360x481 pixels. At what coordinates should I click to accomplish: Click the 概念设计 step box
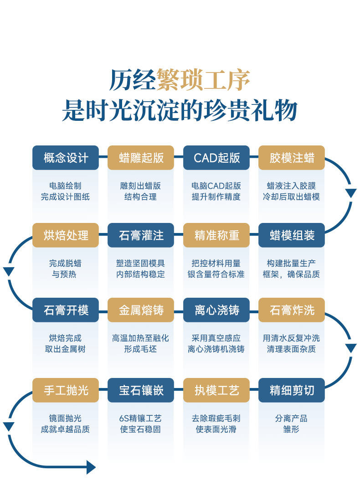point(66,158)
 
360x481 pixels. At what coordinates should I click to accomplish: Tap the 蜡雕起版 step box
point(141,158)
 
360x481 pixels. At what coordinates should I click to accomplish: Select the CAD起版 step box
point(216,158)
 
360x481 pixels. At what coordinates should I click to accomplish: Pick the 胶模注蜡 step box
point(292,158)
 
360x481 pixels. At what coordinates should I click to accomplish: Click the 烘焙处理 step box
point(66,235)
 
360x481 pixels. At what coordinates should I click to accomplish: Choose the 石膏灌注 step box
point(141,235)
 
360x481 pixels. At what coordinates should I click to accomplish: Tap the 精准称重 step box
point(216,235)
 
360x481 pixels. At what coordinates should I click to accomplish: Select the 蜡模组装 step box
point(292,235)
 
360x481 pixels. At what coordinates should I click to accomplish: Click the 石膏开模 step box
point(66,310)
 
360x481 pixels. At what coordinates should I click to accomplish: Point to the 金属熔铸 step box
point(141,310)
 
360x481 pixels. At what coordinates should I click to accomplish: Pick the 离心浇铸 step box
point(216,310)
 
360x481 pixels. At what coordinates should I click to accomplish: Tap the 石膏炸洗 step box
point(292,310)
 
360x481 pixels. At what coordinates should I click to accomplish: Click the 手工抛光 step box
point(66,390)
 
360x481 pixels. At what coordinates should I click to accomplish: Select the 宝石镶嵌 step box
point(141,390)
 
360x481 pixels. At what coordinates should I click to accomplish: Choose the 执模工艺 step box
point(216,390)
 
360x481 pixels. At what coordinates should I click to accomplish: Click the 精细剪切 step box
point(292,390)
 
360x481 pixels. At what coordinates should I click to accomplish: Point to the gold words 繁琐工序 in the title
point(203,80)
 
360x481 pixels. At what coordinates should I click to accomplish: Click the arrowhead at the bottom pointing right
point(91,467)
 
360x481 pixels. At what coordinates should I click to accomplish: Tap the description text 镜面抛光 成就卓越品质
point(65,424)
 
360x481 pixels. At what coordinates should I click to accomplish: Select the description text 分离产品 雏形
point(291,424)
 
